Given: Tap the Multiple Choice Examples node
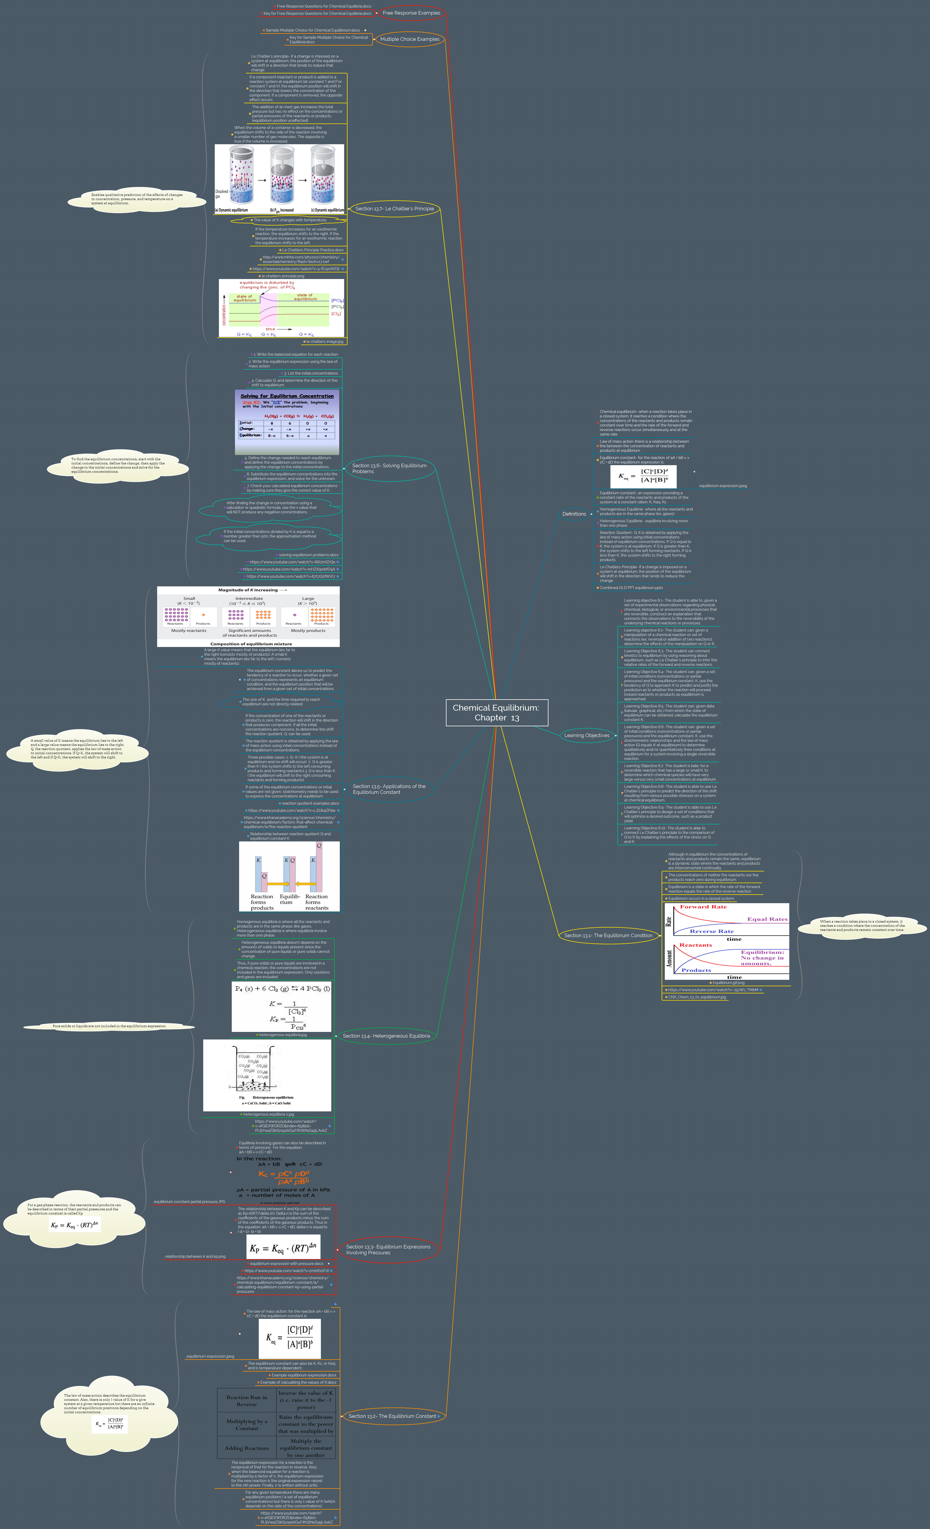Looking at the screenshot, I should point(409,39).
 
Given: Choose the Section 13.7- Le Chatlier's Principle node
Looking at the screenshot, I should point(394,208).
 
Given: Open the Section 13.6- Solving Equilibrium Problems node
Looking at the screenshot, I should point(389,468).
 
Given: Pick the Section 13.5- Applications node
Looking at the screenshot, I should point(389,789).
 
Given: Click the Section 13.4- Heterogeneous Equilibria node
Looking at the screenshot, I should point(386,1036).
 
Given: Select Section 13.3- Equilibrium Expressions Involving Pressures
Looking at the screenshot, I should point(388,1249).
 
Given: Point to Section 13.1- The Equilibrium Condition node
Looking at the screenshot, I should point(608,935).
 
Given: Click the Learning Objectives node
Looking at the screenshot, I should point(587,735).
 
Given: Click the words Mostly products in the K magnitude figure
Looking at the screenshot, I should point(308,631).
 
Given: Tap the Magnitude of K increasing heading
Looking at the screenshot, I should point(248,590).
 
